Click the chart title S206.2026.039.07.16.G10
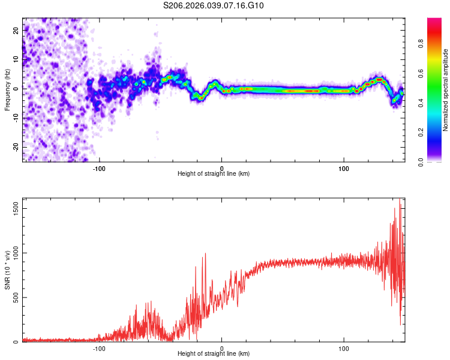214,6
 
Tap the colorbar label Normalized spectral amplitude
446,90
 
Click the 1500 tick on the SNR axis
16,208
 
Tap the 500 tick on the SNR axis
16,298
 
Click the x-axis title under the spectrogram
214,174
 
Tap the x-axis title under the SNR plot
214,355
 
